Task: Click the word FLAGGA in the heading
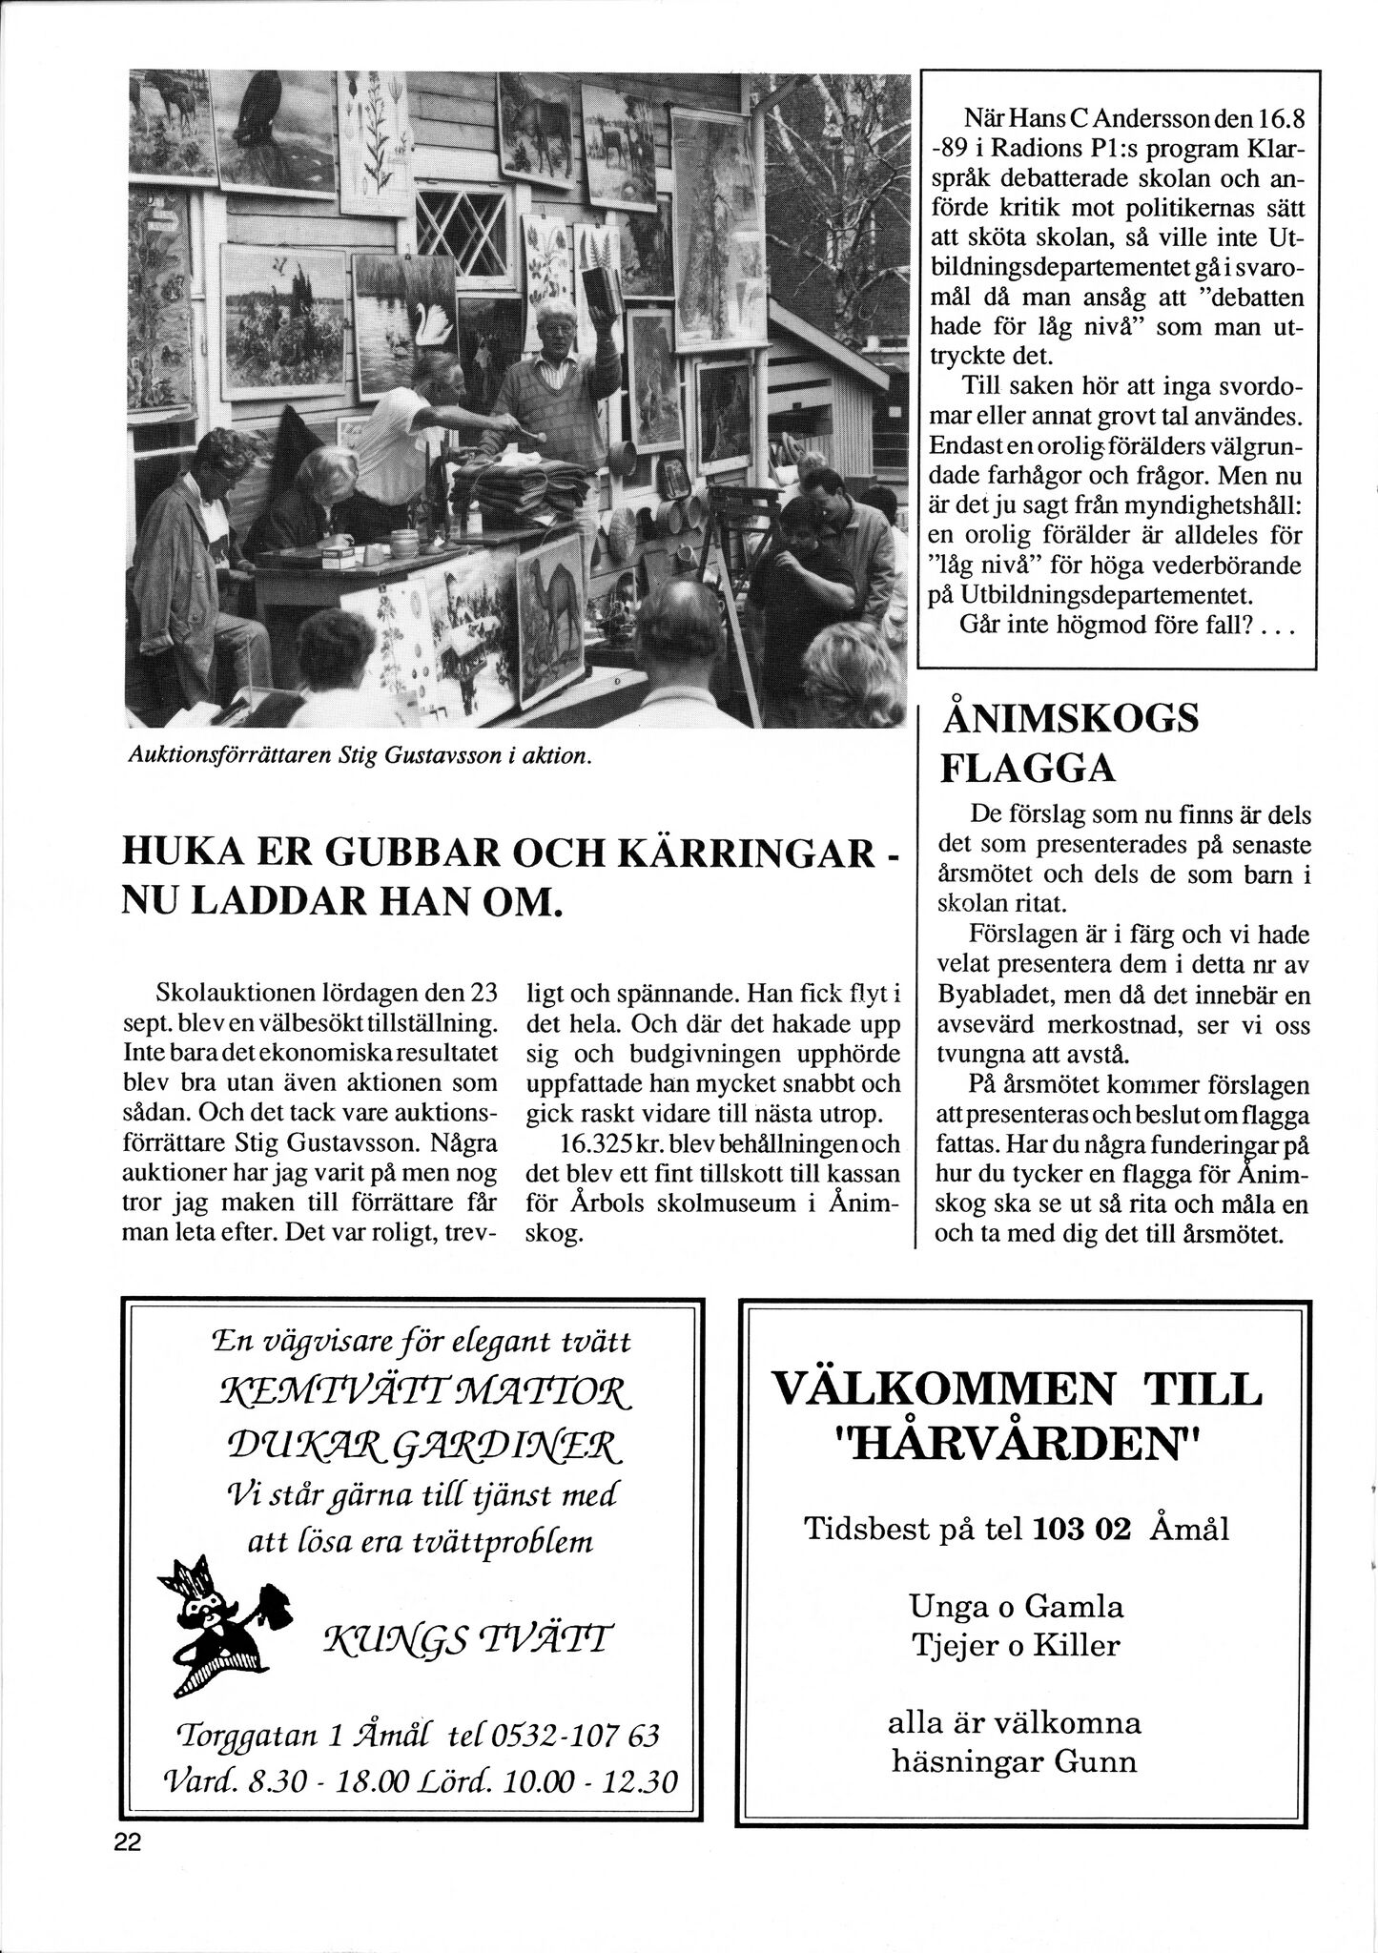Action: click(x=1028, y=768)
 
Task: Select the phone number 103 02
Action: click(x=1080, y=1530)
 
